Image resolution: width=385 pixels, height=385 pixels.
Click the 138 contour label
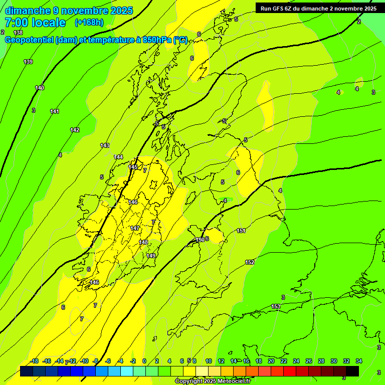coord(18,33)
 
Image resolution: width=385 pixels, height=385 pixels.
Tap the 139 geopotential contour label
coord(28,62)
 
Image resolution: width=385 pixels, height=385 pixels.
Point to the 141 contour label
coord(55,111)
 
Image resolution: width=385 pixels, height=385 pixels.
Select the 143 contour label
coord(105,145)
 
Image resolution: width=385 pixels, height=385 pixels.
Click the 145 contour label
coord(133,167)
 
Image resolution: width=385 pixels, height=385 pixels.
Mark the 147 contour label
coord(135,228)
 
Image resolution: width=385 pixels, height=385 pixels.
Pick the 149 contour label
coord(151,256)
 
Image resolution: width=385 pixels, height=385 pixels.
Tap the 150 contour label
coord(200,240)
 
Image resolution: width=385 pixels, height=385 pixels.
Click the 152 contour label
coord(250,262)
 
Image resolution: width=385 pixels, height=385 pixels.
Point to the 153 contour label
coord(276,306)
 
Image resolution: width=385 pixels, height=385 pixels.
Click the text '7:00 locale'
coord(35,23)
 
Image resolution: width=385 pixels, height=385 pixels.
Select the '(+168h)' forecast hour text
coord(90,23)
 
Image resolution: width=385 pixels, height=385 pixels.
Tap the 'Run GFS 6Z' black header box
coord(318,9)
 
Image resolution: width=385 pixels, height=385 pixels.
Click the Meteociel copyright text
coord(213,381)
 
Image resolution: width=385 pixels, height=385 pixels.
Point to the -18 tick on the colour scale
coord(34,361)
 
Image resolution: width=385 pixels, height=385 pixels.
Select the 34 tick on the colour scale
coord(359,361)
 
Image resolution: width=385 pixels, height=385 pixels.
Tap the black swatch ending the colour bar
coord(352,371)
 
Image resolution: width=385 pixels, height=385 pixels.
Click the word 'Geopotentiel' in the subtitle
coord(29,40)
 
